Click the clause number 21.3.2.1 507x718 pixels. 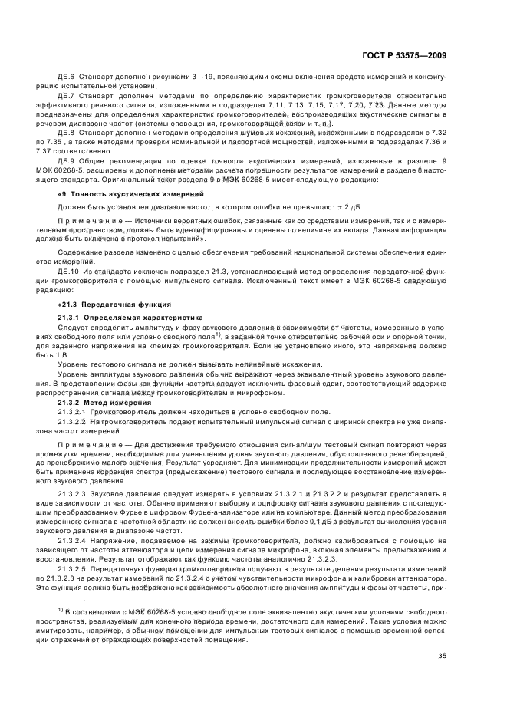[72, 412]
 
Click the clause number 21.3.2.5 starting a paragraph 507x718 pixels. [72, 572]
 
